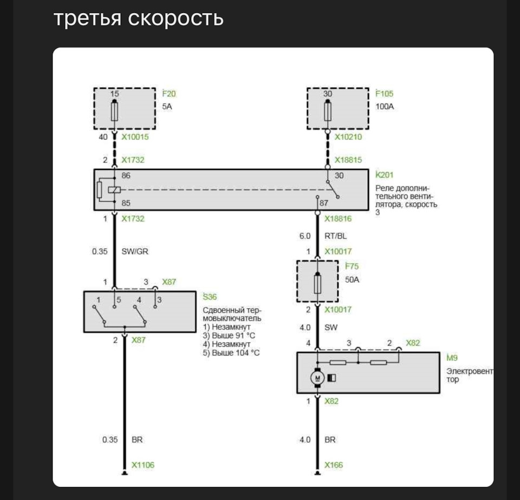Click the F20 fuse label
click(169, 94)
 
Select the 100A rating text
click(385, 107)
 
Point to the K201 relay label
click(385, 175)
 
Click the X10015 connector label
click(135, 137)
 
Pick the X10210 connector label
click(348, 137)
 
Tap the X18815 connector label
click(348, 160)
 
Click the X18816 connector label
click(338, 219)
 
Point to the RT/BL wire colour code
click(336, 236)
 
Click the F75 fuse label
click(352, 266)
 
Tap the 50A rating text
click(353, 279)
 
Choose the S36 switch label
click(209, 296)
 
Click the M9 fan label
click(452, 358)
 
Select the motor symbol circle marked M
click(317, 377)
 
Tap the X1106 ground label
click(143, 465)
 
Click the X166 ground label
click(334, 465)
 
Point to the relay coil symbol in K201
click(114, 190)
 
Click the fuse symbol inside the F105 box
click(327, 112)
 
